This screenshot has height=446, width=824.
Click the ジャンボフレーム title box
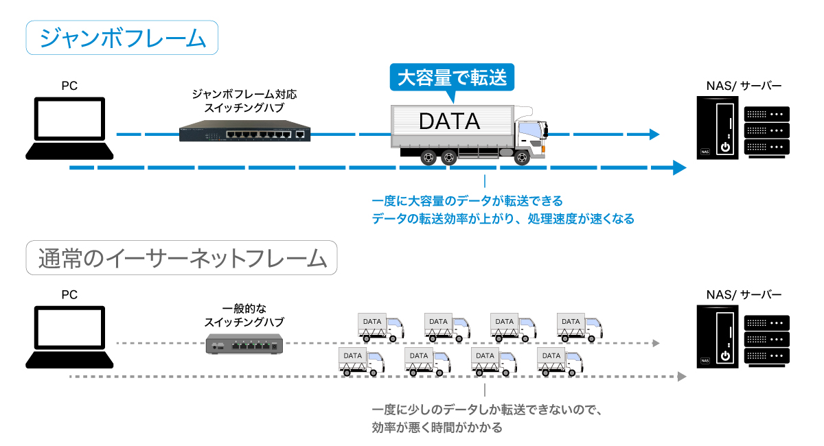pyautogui.click(x=122, y=37)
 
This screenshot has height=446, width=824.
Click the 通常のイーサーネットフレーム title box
pyautogui.click(x=181, y=258)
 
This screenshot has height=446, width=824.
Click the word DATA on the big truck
pyautogui.click(x=449, y=121)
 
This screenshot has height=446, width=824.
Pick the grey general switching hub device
pyautogui.click(x=244, y=344)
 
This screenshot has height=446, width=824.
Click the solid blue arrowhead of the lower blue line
pyautogui.click(x=679, y=167)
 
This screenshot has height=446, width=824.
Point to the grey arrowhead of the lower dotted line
pyautogui.click(x=681, y=376)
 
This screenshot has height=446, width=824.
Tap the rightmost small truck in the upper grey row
pyautogui.click(x=580, y=326)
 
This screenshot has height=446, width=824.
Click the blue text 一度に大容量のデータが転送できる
pyautogui.click(x=467, y=201)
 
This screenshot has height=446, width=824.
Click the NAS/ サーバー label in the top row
pyautogui.click(x=744, y=86)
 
